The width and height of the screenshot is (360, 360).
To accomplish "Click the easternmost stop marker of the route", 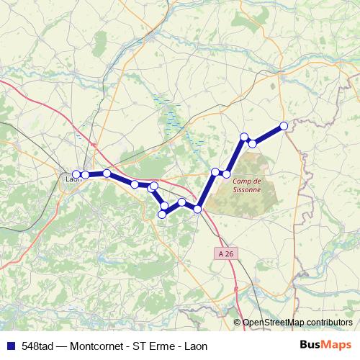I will [x=284, y=126].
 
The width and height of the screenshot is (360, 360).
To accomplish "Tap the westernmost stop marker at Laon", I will [x=76, y=174].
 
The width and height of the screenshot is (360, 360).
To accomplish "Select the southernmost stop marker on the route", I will [x=162, y=214].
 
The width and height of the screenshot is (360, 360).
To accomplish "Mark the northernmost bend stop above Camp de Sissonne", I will [x=244, y=137].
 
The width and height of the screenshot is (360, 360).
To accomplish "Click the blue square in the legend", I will [x=9, y=345].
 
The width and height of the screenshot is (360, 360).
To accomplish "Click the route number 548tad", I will [x=36, y=345].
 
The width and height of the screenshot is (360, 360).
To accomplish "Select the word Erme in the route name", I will [x=161, y=345].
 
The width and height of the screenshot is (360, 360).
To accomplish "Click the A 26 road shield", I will [x=226, y=253].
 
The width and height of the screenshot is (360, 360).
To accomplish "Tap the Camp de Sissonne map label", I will [x=246, y=185].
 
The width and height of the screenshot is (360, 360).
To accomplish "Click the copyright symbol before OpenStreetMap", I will [x=238, y=323].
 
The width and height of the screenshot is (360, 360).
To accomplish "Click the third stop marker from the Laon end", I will [x=107, y=173].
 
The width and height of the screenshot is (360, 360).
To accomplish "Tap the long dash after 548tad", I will [x=63, y=345].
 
